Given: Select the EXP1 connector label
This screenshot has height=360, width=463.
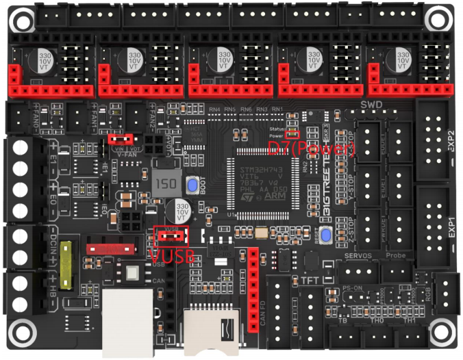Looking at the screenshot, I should pyautogui.click(x=451, y=225).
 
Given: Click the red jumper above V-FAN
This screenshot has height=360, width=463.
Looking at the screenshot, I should pyautogui.click(x=121, y=139).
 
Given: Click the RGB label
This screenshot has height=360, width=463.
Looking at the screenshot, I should pyautogui.click(x=428, y=291).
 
